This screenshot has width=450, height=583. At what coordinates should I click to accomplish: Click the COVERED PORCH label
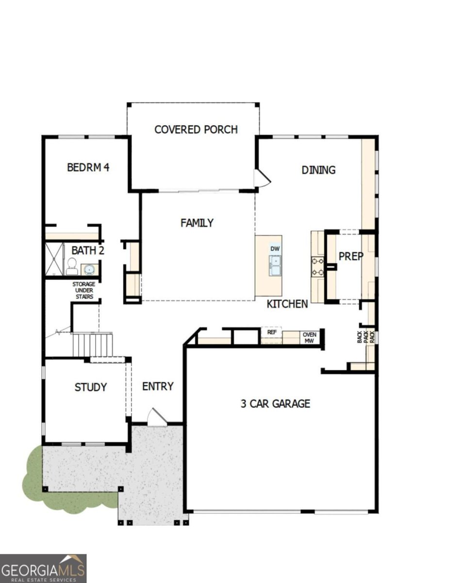pos(196,130)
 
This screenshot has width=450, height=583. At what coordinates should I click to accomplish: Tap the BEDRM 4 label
pos(88,168)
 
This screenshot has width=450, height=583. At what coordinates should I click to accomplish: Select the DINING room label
pos(318,170)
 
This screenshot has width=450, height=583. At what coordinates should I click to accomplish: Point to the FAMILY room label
pos(197,223)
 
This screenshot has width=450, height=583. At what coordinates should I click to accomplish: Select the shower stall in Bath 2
pos(54,260)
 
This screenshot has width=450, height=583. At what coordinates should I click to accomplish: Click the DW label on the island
pos(275,249)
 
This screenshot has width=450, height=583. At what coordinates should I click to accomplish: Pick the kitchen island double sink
pos(275,265)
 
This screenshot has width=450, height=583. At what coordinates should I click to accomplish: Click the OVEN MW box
pos(309,338)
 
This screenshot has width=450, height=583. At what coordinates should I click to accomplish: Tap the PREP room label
pos(351,256)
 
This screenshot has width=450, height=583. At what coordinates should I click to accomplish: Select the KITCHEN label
pos(287,304)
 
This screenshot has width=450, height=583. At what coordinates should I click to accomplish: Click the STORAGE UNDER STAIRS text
pos(84,290)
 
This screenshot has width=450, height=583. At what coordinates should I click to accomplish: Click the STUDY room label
pos(91,387)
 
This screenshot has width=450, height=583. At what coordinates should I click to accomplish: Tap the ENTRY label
pos(158,387)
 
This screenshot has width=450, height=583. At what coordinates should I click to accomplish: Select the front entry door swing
pos(157,417)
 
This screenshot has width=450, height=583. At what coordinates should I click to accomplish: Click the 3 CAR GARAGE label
pos(275,403)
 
